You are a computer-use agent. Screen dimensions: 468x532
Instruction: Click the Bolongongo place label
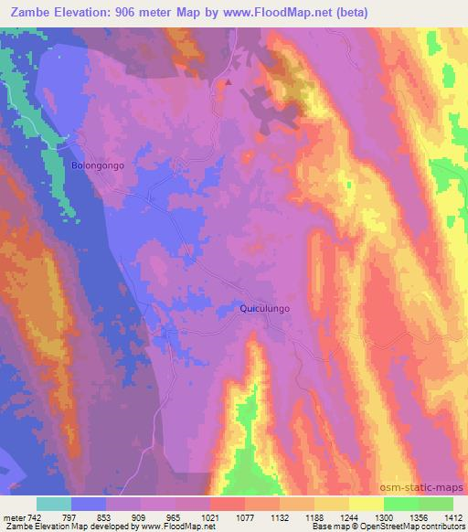pyautogui.click(x=97, y=166)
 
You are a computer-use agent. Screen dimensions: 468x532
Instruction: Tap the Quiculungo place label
pyautogui.click(x=264, y=309)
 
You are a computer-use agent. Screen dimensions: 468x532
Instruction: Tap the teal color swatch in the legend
pyautogui.click(x=54, y=504)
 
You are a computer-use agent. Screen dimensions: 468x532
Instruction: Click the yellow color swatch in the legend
pyautogui.click(x=367, y=504)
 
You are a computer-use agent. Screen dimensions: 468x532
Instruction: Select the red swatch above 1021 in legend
pyautogui.click(x=227, y=504)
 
